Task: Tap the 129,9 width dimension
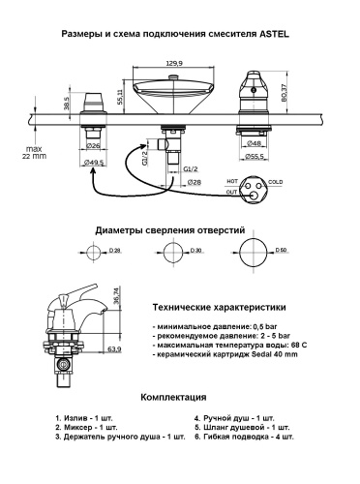[173, 63]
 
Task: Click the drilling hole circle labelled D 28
[94, 253]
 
